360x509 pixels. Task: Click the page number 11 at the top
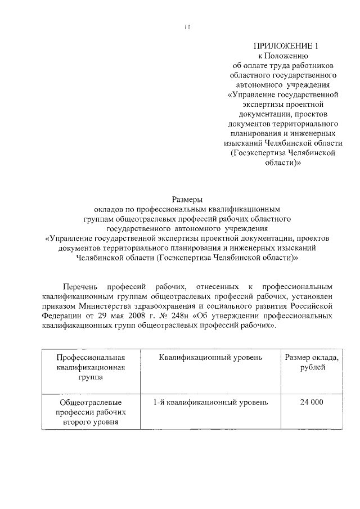pyautogui.click(x=187, y=26)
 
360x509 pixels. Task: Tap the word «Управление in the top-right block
pyautogui.click(x=251, y=94)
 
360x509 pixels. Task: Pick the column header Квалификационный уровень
pyautogui.click(x=210, y=358)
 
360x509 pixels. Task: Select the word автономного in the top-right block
pyautogui.click(x=261, y=84)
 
